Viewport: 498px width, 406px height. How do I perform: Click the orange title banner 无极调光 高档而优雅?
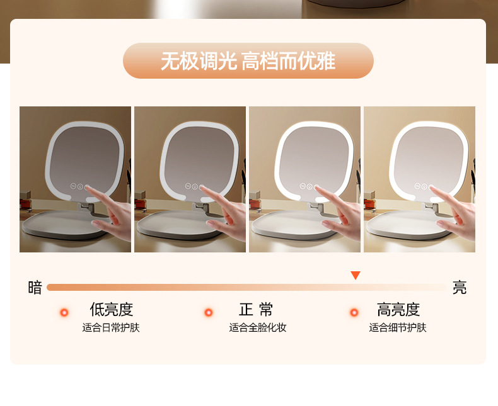coord(248,61)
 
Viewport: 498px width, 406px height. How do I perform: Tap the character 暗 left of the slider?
coord(35,288)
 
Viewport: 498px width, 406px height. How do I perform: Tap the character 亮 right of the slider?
coord(460,288)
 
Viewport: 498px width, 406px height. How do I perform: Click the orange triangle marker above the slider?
coord(356,275)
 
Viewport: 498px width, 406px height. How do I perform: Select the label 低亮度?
coord(111,310)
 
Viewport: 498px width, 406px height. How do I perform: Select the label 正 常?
coord(257,310)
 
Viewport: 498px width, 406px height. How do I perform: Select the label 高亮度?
coord(398,310)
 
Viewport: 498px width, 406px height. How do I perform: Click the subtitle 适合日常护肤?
coord(111,328)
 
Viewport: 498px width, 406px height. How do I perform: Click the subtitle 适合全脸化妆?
coord(257,328)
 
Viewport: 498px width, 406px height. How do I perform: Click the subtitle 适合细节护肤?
coord(398,328)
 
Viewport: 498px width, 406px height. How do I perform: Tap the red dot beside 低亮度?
coord(64,312)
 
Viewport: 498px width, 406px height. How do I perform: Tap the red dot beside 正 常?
coord(209,312)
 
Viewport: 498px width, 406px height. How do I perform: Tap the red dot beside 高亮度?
coord(354,312)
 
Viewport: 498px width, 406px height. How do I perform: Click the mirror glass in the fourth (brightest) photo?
coord(427,157)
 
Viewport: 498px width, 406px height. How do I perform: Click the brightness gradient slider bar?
coord(246,288)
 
